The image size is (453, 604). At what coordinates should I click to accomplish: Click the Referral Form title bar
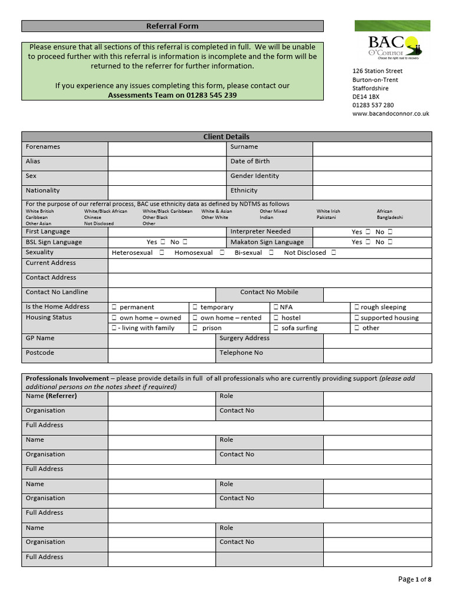[172, 26]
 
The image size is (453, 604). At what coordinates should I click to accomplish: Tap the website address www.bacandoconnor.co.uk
[390, 114]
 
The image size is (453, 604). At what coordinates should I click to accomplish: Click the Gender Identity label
[254, 176]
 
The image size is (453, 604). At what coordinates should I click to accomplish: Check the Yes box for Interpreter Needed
[368, 232]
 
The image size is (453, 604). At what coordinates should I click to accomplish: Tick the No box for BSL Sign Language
[185, 242]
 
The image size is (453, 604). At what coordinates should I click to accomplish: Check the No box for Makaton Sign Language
[390, 242]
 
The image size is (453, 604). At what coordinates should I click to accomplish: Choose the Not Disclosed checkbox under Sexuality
[334, 253]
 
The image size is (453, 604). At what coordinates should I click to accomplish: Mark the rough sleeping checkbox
[356, 307]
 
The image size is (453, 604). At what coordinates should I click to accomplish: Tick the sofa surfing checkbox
[276, 328]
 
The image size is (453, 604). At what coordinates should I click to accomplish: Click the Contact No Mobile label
[269, 293]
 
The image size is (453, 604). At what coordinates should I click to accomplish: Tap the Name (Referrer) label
[51, 396]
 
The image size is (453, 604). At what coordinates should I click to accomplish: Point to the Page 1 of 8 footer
[415, 579]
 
